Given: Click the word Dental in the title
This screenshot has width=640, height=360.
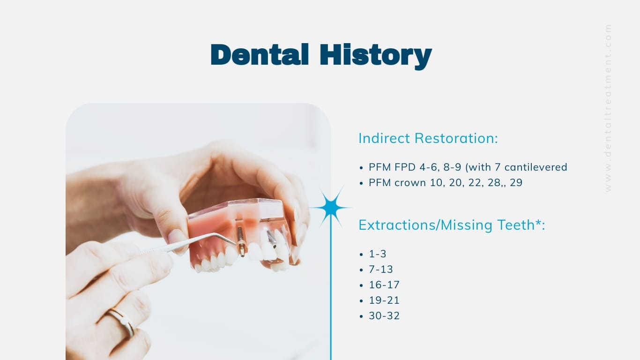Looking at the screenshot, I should (260, 54).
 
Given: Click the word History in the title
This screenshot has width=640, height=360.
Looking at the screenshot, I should (375, 55).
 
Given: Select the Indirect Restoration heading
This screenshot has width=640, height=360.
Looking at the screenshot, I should (428, 138).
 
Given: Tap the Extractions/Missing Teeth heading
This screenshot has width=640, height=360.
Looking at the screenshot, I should (451, 225).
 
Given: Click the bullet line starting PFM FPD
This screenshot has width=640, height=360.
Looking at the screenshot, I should (468, 167).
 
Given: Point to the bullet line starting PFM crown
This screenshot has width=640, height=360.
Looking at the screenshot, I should (445, 183).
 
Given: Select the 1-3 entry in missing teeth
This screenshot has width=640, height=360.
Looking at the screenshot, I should (378, 254).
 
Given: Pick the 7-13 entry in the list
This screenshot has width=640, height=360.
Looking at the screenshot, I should (380, 270).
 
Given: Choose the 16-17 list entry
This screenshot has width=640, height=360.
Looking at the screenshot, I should (384, 285).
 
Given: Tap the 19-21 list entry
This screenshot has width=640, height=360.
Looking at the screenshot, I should (384, 300).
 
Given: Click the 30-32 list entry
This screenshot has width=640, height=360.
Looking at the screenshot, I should (384, 316).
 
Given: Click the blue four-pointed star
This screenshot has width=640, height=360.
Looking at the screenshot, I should (331, 207).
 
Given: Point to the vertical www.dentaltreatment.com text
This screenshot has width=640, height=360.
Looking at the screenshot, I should (608, 108).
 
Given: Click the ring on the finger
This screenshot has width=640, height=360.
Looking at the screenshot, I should (122, 321).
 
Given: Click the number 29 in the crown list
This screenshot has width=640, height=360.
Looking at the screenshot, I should (516, 183).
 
